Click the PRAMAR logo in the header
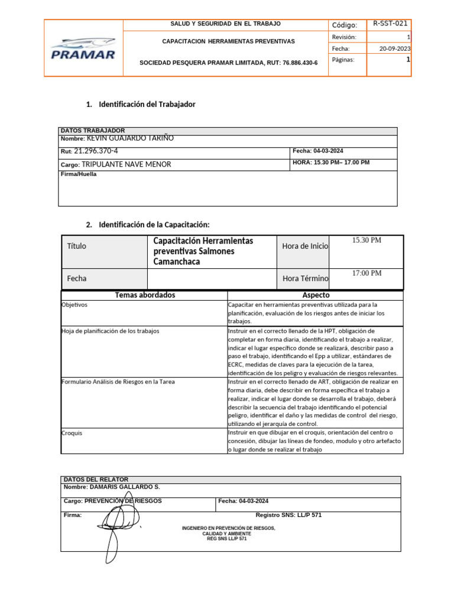coord(83,48)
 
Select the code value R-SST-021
coord(390,24)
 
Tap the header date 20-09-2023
coord(395,48)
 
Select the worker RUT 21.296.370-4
coord(96,151)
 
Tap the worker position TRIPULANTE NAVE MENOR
coord(126,164)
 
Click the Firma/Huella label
coord(79,174)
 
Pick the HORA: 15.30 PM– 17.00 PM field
coord(331,162)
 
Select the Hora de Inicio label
coord(305,246)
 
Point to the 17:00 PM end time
coord(367,273)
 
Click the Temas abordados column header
coord(145,295)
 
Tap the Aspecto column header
coord(316,295)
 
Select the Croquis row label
coord(72,432)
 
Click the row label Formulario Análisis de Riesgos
coord(118,382)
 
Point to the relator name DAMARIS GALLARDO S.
coord(124,487)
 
